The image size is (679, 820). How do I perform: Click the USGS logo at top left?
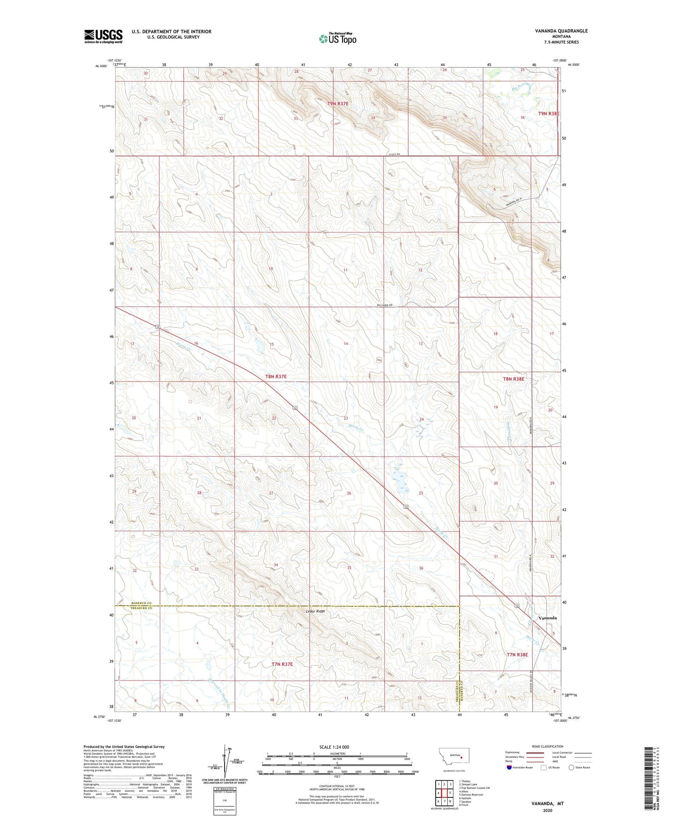click(103, 36)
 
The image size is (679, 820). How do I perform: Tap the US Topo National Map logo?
click(337, 38)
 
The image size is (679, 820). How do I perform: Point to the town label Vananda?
click(547, 618)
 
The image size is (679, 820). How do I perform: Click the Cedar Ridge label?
click(315, 611)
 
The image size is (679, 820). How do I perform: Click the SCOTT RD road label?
click(395, 155)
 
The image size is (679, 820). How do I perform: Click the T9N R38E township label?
click(548, 114)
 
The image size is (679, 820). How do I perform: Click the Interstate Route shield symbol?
click(509, 767)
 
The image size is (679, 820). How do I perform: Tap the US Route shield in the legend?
click(544, 767)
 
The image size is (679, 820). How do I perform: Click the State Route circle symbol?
click(571, 767)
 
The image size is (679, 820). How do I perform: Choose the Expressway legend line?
click(535, 752)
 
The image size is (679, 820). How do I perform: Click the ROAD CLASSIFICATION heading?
click(548, 746)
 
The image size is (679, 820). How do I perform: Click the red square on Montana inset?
click(462, 757)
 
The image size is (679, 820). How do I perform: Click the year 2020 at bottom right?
click(547, 810)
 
